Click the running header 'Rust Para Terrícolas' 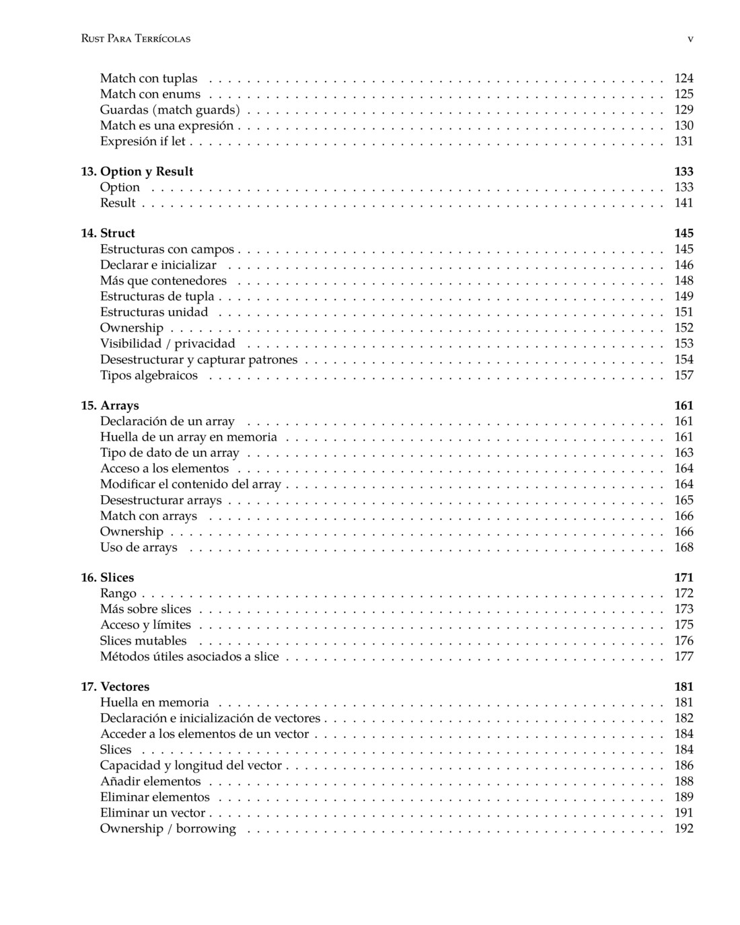click(135, 39)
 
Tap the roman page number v click(690, 39)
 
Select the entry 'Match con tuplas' click(149, 79)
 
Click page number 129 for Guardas click(683, 110)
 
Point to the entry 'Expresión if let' click(143, 141)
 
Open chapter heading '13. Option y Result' click(137, 172)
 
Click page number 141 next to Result click(683, 203)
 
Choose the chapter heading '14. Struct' click(108, 233)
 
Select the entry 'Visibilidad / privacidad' click(168, 344)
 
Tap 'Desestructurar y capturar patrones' click(198, 360)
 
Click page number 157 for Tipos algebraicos click(683, 375)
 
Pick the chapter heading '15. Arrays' click(110, 406)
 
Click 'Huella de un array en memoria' click(188, 437)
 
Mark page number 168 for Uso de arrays click(683, 548)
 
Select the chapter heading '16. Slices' click(108, 578)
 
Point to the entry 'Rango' click(118, 593)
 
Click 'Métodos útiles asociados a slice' click(189, 657)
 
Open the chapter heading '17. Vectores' click(115, 687)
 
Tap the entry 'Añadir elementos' click(150, 782)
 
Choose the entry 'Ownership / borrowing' click(168, 829)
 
